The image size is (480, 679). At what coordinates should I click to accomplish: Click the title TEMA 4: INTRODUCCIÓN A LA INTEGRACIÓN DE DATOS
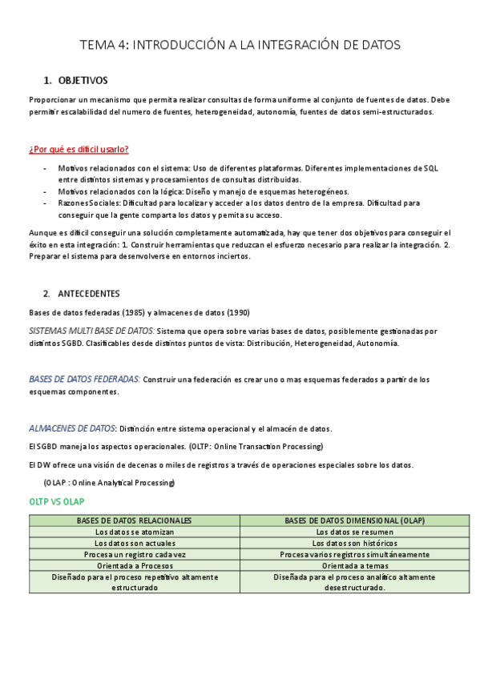coord(240,45)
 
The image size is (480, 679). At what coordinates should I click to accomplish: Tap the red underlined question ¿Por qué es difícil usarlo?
coord(79,150)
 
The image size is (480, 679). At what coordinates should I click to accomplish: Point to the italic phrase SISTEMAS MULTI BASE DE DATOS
coord(91,331)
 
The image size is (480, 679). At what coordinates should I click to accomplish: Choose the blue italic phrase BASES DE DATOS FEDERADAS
coord(85,380)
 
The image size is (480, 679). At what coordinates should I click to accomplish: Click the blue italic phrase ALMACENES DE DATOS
coord(72,428)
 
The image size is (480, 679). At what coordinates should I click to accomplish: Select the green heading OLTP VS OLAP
coord(56,501)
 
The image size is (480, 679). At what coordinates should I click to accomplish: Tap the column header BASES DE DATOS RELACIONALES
coord(134,520)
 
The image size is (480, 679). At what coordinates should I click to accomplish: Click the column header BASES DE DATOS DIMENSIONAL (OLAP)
coord(354,520)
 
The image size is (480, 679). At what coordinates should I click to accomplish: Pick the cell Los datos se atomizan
coord(134,532)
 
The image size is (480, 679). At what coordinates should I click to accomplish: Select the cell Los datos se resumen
coord(354,532)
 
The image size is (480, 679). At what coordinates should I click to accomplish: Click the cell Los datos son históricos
coord(354,543)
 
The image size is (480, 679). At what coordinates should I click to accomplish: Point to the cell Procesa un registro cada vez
coord(134,554)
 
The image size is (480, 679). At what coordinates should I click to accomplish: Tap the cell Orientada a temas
coord(354,565)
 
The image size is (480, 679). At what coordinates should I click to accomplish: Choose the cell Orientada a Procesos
coord(134,565)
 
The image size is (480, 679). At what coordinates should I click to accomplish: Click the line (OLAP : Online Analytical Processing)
coord(109,483)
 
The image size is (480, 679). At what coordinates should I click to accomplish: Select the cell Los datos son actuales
coord(134,543)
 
